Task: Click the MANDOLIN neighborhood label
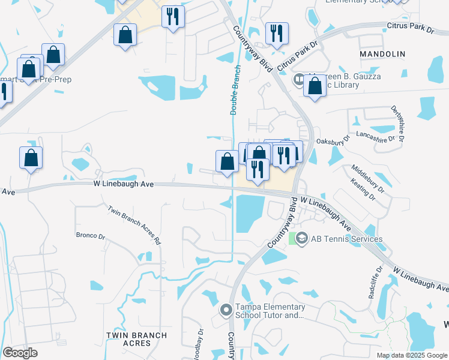(x=382, y=54)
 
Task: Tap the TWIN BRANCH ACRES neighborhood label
(x=128, y=338)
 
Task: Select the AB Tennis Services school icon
(x=302, y=239)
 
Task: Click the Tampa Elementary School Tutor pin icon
(x=226, y=310)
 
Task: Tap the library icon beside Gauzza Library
(x=298, y=79)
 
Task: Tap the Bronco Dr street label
(x=90, y=235)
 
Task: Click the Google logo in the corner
(x=20, y=353)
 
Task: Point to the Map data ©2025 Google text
(x=411, y=355)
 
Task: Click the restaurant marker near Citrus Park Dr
(x=277, y=34)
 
